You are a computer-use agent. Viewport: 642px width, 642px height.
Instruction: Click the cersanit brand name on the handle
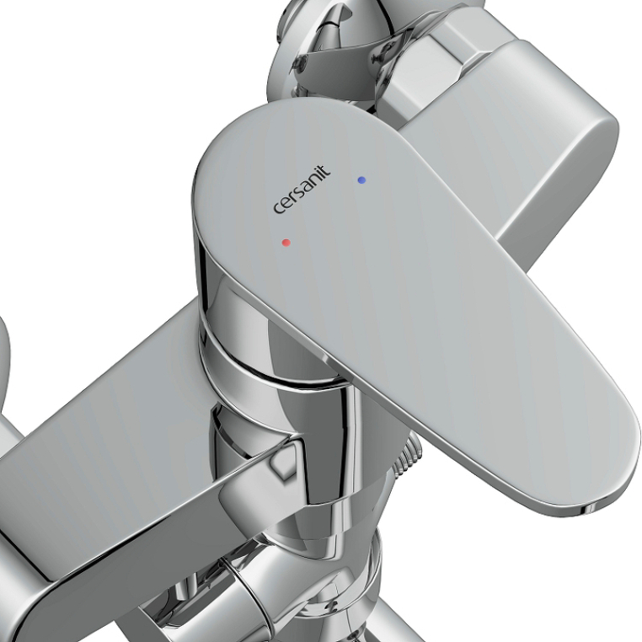click(302, 190)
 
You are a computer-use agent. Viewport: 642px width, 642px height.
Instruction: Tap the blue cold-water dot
click(361, 179)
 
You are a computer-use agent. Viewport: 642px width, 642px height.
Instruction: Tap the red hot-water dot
click(286, 243)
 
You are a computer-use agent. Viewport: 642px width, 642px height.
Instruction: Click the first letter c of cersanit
click(278, 208)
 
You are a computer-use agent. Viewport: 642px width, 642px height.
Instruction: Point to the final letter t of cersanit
click(325, 170)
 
